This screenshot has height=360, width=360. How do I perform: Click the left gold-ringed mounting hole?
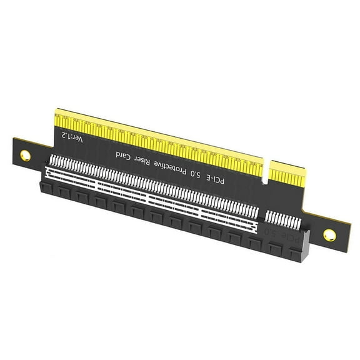(25, 153)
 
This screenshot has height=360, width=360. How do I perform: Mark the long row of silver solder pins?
(156, 181)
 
